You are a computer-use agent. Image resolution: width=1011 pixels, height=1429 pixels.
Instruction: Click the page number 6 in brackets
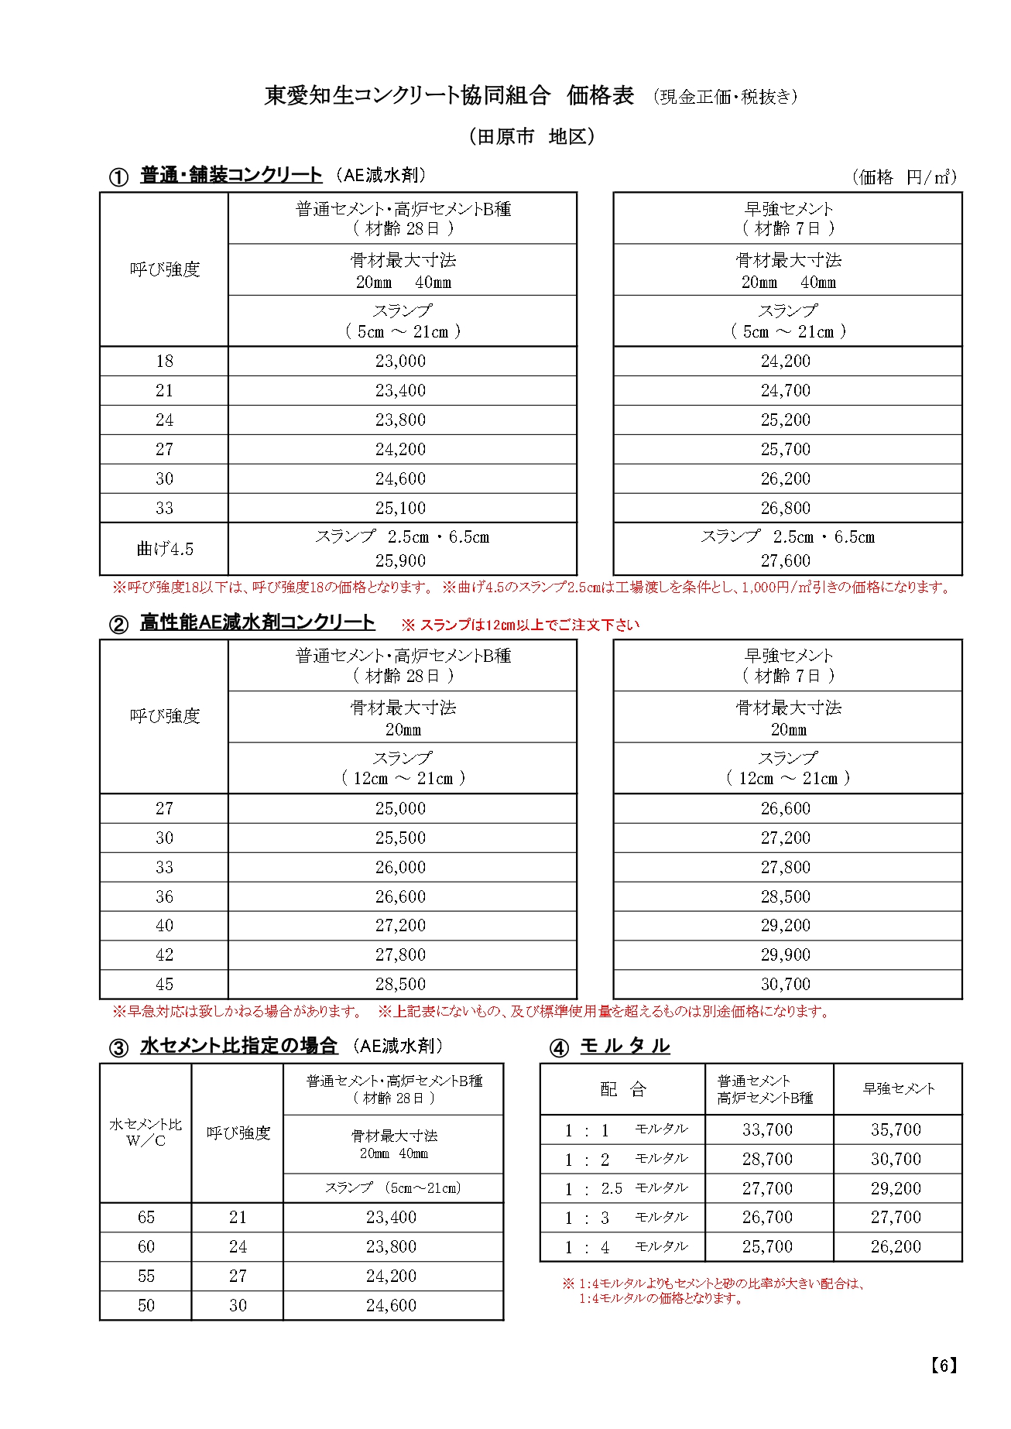click(944, 1366)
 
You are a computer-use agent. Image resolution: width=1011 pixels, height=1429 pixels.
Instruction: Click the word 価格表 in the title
click(600, 95)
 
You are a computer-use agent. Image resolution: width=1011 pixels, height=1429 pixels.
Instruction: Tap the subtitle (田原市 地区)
click(532, 137)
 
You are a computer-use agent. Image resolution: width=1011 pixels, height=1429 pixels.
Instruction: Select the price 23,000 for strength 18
click(400, 361)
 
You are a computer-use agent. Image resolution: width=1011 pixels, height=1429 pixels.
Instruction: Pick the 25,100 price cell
click(400, 508)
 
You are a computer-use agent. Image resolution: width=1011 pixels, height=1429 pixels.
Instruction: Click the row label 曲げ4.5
click(164, 549)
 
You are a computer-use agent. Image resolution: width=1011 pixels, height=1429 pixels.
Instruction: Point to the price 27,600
click(785, 560)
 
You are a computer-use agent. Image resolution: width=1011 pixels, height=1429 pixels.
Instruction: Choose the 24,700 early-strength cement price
click(785, 390)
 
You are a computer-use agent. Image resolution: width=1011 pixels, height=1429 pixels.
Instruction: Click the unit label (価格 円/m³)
click(904, 177)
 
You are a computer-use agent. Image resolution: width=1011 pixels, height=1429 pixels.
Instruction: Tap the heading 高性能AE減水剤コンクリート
click(257, 622)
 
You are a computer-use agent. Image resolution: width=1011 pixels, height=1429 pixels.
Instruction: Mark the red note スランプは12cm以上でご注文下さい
click(520, 625)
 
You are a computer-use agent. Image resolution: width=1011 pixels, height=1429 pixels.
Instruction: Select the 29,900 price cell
click(785, 954)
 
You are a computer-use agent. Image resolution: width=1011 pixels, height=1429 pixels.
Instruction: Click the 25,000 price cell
click(400, 808)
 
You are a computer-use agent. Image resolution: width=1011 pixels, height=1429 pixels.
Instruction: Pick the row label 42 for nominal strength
click(164, 954)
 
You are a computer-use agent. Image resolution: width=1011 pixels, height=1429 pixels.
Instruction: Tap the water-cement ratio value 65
click(146, 1217)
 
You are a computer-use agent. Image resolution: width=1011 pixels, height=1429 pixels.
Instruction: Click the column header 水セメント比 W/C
click(146, 1133)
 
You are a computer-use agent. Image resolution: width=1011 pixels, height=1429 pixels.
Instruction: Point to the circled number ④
click(558, 1048)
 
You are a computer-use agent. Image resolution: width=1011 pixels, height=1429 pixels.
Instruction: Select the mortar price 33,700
click(767, 1129)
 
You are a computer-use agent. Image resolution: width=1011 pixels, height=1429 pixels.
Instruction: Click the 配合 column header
click(622, 1089)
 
